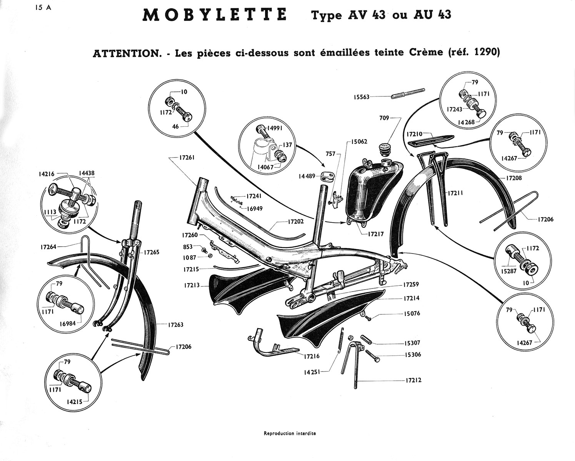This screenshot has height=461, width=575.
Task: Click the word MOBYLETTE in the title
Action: (215, 15)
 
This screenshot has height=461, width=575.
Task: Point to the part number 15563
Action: (362, 97)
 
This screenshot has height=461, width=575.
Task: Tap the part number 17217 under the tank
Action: (376, 234)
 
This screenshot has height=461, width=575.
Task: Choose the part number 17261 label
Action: (187, 158)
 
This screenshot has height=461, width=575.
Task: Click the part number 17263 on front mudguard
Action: (175, 325)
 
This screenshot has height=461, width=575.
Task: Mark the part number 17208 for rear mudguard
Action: (514, 178)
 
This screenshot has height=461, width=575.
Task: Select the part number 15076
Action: (412, 313)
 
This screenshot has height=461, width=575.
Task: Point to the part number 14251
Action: (312, 372)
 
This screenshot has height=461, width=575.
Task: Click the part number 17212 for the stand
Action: (413, 380)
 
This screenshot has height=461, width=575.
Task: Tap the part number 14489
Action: (307, 176)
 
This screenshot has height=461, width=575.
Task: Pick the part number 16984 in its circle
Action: (68, 324)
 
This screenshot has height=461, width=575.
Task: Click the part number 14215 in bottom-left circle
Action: (74, 401)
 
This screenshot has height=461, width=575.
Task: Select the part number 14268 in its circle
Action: (466, 122)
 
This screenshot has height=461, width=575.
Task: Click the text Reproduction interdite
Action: (290, 433)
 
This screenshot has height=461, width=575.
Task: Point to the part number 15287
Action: (509, 272)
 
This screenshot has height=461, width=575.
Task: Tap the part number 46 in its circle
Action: (175, 126)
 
